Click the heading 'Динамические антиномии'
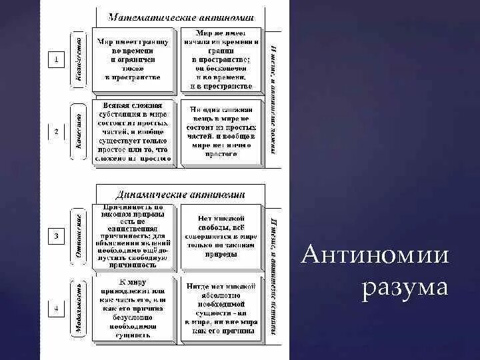[x=179, y=195]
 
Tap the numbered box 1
[x=57, y=60]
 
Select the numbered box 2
[x=57, y=131]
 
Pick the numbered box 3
[x=57, y=236]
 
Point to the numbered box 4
[x=57, y=309]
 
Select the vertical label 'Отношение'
[x=79, y=236]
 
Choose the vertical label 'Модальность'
[x=79, y=309]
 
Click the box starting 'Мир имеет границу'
[x=133, y=59]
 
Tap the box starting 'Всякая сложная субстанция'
[x=133, y=132]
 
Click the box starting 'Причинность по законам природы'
[x=134, y=236]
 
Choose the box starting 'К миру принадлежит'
[x=134, y=309]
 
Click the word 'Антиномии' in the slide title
[x=375, y=255]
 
